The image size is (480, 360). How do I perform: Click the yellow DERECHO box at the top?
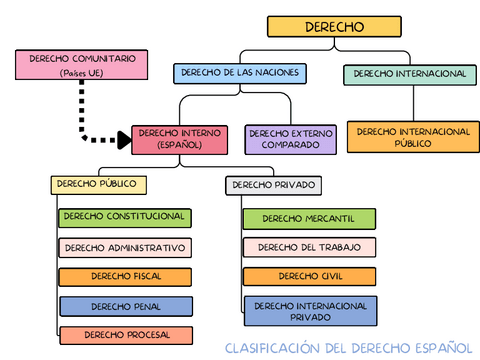coord(335,28)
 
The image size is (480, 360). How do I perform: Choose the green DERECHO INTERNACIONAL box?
coord(409,74)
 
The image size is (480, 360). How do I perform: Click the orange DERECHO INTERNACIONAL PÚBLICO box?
coord(413,137)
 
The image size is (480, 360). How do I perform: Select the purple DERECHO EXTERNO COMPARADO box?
coord(290,138)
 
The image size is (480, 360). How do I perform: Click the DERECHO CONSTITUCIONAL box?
coord(124,217)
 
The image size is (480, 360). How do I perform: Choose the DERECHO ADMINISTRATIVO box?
coord(124,247)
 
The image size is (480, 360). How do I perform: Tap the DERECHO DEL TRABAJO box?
coord(309,247)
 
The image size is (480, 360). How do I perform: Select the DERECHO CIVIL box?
coord(309,276)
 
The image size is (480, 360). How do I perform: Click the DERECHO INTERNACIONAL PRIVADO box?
coord(309,310)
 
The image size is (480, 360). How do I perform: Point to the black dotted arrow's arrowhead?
coord(123,139)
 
